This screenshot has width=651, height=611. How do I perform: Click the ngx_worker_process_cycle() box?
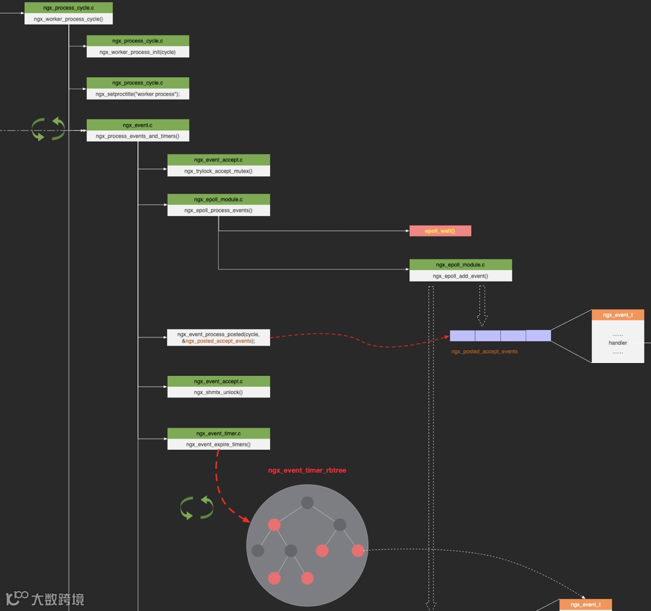(68, 19)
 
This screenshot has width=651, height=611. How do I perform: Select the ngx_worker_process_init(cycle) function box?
(137, 52)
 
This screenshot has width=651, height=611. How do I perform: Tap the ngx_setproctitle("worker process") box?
(137, 94)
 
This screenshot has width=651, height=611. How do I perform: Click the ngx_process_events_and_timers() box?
(137, 136)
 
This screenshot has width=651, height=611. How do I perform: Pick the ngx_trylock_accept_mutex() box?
(218, 171)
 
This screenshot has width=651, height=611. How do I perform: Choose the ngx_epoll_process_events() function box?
(218, 210)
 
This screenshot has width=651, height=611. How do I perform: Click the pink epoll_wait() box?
(440, 231)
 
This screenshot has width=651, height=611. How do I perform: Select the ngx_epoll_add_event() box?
(461, 276)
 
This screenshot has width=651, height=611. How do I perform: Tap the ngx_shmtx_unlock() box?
(218, 392)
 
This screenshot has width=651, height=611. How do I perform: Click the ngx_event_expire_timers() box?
(218, 444)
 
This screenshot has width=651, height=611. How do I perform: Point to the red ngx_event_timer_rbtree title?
(307, 470)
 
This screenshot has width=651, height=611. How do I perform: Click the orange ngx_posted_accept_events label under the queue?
(485, 351)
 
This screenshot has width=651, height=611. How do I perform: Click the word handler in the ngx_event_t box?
(618, 343)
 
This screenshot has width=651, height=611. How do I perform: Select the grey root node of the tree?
(307, 502)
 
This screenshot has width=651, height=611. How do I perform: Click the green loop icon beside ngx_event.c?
(48, 129)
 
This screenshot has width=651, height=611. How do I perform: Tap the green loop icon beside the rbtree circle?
(197, 508)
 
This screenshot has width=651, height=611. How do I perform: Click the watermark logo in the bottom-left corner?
(18, 598)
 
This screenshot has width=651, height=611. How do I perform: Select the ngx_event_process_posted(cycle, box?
(218, 337)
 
